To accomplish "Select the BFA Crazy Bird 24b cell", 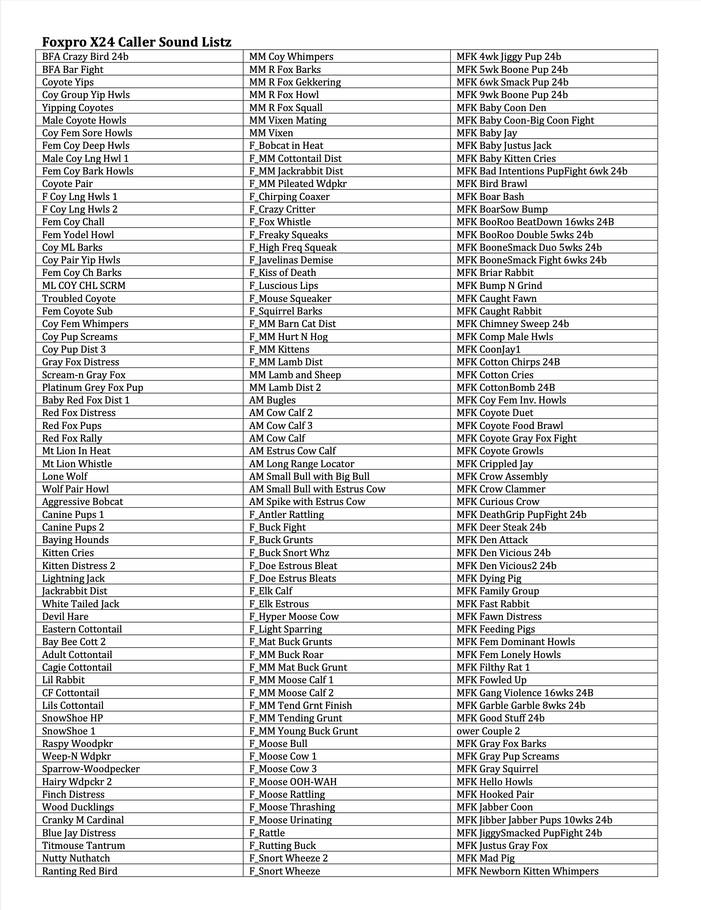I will click(85, 56).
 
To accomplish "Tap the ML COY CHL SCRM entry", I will click(84, 286).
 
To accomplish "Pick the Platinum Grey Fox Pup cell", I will click(92, 387).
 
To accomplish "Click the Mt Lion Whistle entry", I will click(77, 464).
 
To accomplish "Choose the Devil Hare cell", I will click(65, 617).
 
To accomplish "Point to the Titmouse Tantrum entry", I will click(83, 845).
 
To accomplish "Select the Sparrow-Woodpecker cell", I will click(91, 769).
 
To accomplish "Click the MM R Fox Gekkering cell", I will click(295, 82).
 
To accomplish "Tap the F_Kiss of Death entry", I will click(283, 273).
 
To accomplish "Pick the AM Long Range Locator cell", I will click(302, 464).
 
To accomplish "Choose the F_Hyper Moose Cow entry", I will click(294, 617).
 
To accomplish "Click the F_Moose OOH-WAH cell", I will click(293, 782).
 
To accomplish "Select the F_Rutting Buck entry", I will click(283, 845).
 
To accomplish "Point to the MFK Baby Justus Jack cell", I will click(504, 146).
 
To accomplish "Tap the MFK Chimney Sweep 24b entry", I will click(513, 324).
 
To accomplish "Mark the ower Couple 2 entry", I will click(488, 731).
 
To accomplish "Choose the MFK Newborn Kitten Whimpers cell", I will click(527, 871).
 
